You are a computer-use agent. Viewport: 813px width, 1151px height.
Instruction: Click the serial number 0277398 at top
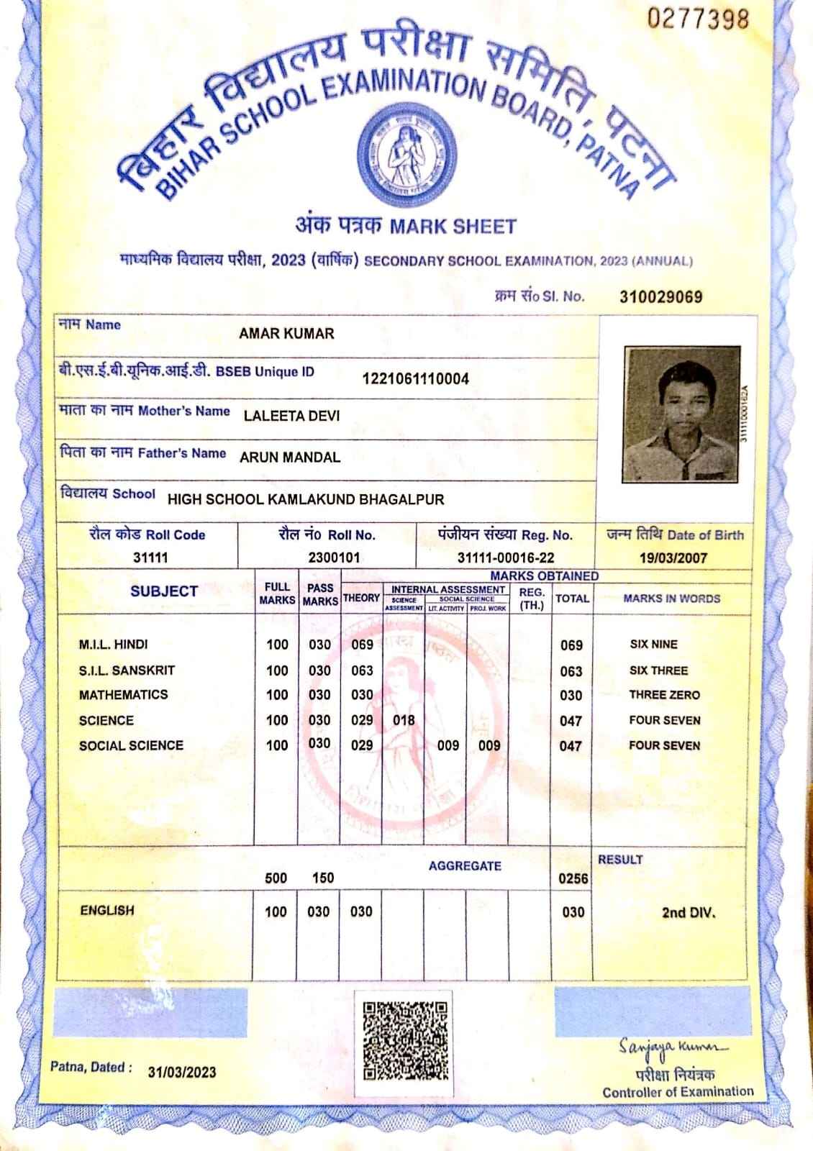pos(698,19)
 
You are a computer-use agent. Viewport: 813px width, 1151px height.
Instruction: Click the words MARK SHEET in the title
pos(453,227)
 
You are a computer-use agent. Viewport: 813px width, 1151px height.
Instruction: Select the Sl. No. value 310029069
pos(660,297)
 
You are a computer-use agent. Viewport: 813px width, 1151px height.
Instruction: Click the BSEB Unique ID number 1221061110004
pos(416,378)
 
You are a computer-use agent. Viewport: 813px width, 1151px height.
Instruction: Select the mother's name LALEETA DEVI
pos(291,416)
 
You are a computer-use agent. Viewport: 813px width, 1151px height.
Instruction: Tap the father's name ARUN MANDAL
pos(290,458)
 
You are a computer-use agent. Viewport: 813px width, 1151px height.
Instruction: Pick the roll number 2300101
pos(334,558)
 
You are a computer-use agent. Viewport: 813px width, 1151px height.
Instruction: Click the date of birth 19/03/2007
pos(674,558)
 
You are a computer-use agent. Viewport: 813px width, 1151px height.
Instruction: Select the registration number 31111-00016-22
pos(506,558)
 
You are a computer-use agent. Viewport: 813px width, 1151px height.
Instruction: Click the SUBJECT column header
pos(164,591)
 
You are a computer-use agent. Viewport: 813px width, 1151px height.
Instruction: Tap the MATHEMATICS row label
pos(123,695)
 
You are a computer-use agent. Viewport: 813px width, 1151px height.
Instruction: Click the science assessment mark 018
pos(404,720)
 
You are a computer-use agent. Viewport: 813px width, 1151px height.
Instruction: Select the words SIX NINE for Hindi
pos(653,645)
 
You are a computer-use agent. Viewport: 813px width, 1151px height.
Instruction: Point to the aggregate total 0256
pos(573,878)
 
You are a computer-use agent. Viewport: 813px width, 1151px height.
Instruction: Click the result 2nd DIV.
pos(689,913)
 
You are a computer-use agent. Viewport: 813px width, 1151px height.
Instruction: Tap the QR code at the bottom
pos(406,1040)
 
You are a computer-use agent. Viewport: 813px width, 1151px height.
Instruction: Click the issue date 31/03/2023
pos(182,1072)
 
